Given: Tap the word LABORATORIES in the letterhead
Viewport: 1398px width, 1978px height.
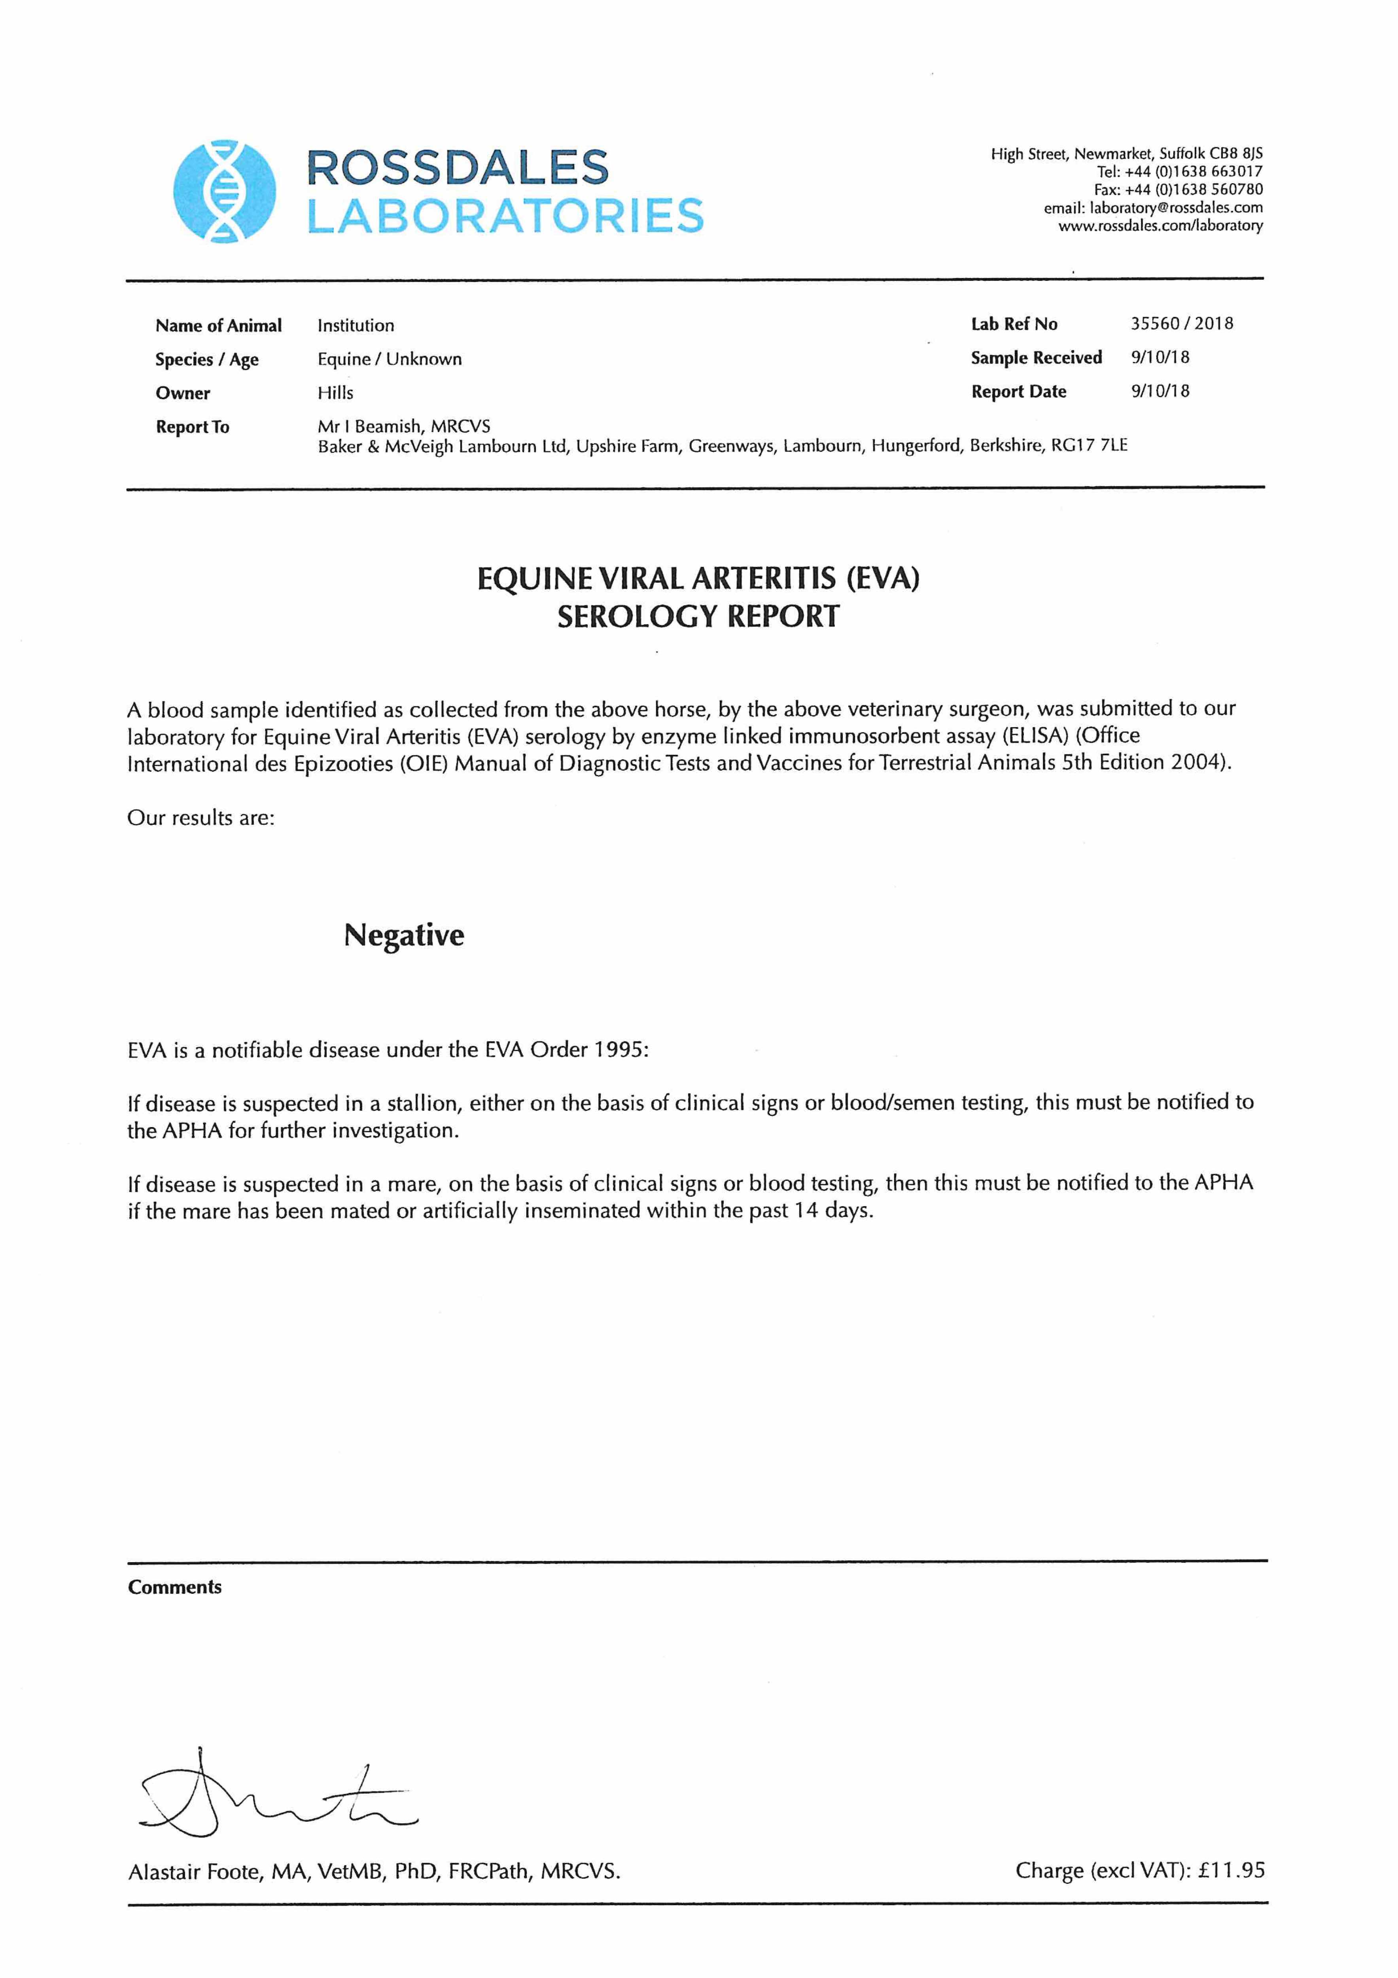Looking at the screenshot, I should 506,215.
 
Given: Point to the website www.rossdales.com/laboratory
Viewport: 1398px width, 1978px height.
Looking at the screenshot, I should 1160,226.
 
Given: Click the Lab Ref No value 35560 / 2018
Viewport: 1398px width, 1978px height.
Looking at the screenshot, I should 1182,324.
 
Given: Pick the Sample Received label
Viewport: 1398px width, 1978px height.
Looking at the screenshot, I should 1036,358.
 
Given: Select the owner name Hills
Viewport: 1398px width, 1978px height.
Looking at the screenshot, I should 335,393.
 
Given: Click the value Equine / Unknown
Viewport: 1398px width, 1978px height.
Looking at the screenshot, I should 389,359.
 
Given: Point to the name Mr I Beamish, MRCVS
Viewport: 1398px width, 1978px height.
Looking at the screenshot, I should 404,426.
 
